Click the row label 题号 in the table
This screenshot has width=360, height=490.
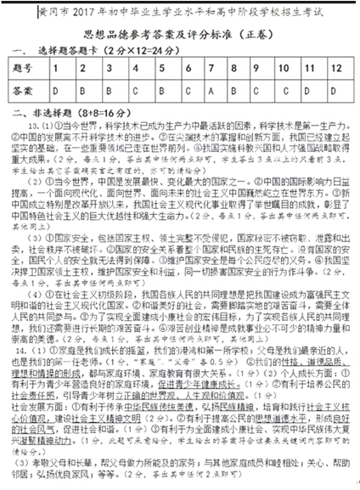(24, 67)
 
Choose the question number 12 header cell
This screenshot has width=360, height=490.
(338, 67)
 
